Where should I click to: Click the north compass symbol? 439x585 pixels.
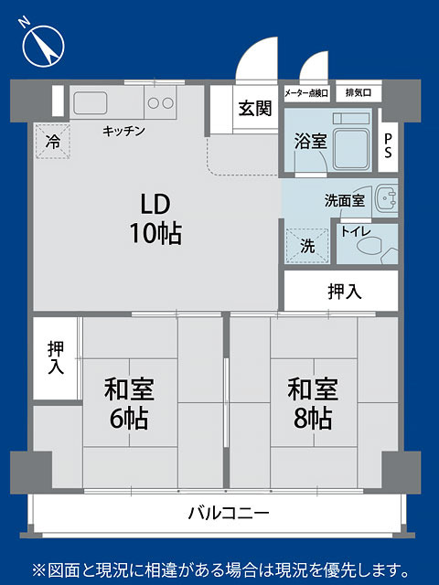coord(43,46)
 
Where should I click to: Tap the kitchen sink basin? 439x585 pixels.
coord(90,103)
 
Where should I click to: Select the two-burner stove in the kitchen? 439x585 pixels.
coord(160,102)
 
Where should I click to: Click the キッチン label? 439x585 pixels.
coord(123,131)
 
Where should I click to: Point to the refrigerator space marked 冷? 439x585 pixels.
coord(53,142)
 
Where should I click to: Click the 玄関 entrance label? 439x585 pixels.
coord(255,109)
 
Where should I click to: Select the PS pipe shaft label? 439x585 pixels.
coord(388,145)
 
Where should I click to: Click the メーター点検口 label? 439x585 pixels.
coord(306,93)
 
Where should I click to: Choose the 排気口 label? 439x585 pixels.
coord(359,92)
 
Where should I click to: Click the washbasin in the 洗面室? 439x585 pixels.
coord(386,197)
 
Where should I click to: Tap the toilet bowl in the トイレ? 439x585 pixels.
coord(370,246)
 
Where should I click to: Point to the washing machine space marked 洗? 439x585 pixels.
coord(307,246)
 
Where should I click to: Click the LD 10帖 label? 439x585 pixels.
coord(155,218)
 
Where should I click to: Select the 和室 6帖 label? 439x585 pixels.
coord(129,403)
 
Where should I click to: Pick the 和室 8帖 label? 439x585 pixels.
coord(313,403)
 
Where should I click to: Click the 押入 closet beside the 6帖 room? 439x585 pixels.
coord(56,358)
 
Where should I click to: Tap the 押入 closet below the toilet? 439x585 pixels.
coord(341,291)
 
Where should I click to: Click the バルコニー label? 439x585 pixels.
coord(229,513)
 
